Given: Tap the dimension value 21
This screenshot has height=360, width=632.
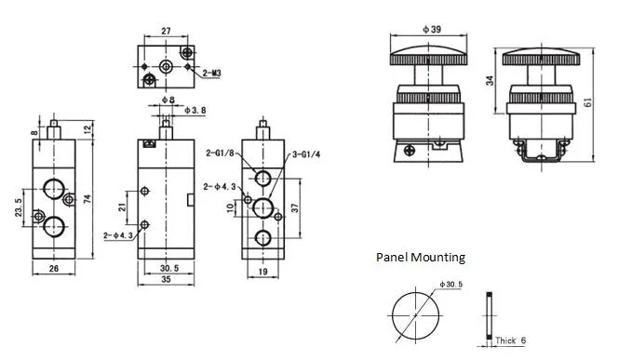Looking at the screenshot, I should click(121, 207).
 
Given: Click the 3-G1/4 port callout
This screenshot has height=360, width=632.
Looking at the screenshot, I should click(305, 154).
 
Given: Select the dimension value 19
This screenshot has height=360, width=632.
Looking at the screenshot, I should click(263, 272).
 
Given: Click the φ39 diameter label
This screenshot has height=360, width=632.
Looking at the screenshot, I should click(431, 29).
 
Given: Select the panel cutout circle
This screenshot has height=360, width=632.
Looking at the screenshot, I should click(410, 312).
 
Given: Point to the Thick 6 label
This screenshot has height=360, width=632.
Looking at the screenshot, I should click(511, 340).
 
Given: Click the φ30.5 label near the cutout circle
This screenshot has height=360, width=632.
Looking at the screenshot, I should click(451, 285).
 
